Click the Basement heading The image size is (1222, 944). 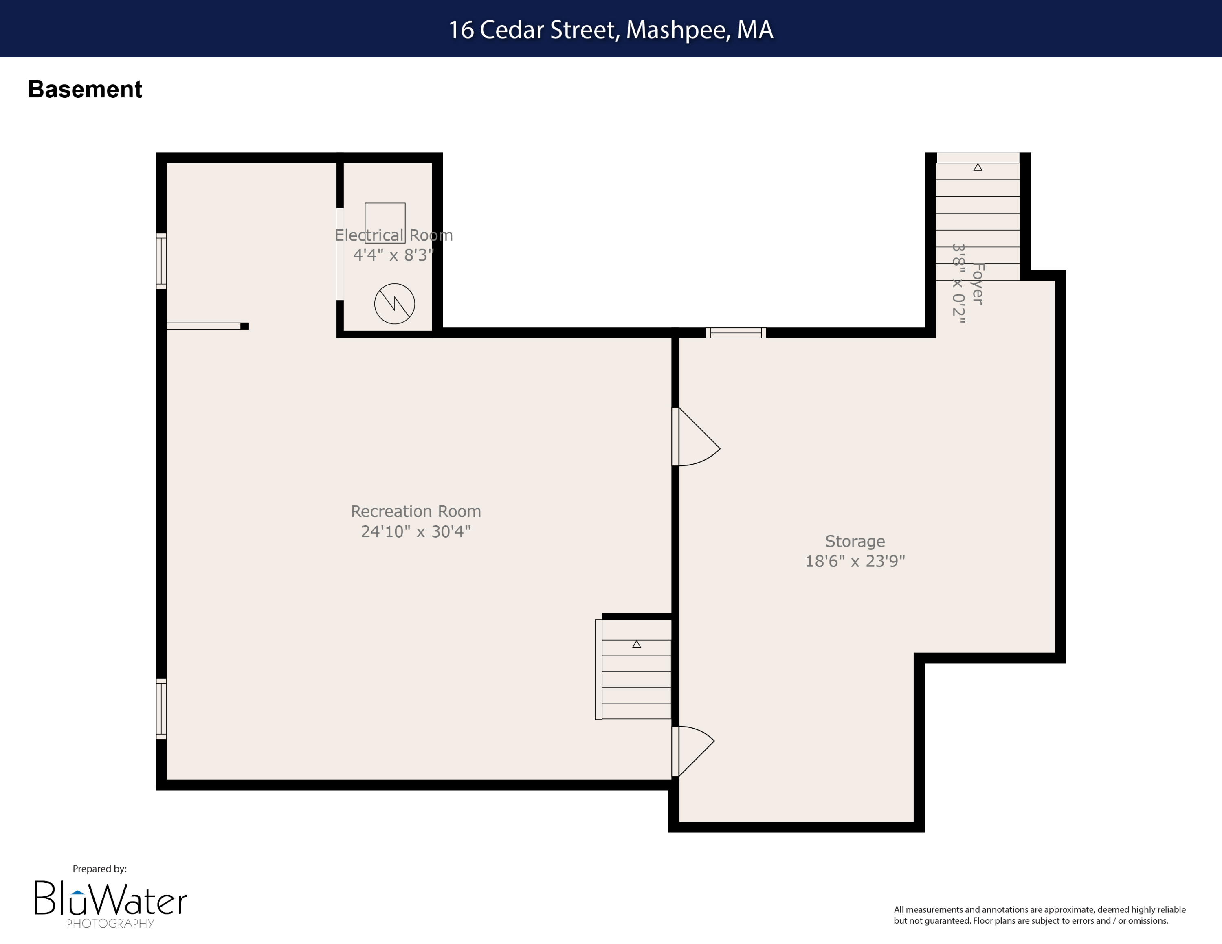[x=85, y=90]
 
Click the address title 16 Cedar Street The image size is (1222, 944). [x=611, y=30]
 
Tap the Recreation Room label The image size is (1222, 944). [x=416, y=511]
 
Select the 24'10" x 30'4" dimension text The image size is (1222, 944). [x=416, y=531]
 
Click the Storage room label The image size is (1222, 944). [x=855, y=541]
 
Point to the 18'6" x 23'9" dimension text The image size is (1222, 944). [x=855, y=561]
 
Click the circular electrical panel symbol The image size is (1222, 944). [x=394, y=304]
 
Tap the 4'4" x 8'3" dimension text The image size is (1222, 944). [x=393, y=255]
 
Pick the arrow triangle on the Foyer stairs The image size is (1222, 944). [x=978, y=167]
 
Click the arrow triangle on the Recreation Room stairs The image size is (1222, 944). [x=636, y=644]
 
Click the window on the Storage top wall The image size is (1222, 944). [x=736, y=333]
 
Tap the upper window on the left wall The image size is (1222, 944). [x=161, y=261]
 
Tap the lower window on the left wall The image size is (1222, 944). [x=161, y=709]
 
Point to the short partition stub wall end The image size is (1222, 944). [x=244, y=326]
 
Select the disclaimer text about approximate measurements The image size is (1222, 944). [x=1039, y=915]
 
